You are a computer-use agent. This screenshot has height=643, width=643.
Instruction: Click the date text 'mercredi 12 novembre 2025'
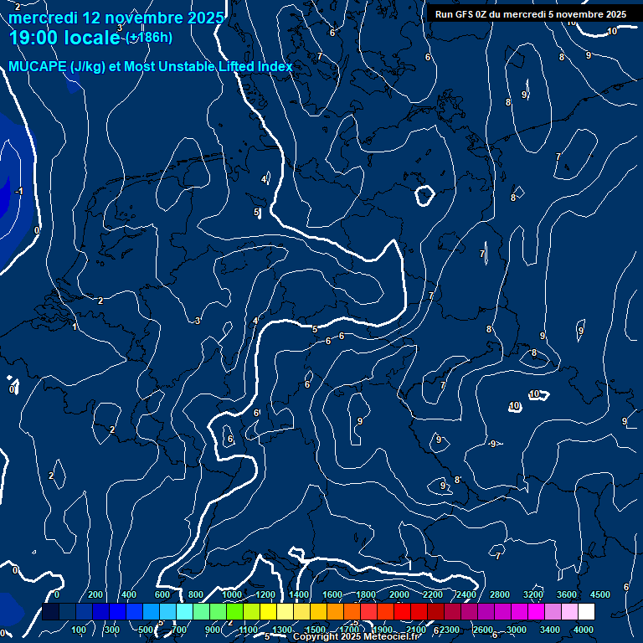[x=116, y=18]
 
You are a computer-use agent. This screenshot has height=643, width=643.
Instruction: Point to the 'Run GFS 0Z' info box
[x=531, y=14]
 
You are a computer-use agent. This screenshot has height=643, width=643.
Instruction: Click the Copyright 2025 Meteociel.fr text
[x=356, y=637]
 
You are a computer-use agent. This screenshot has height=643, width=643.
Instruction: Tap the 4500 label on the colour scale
[x=599, y=594]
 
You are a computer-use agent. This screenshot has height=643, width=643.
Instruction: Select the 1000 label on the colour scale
[x=232, y=594]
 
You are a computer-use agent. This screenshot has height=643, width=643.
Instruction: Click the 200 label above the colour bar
[x=95, y=594]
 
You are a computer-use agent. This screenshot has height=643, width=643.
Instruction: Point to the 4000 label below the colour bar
[x=584, y=630]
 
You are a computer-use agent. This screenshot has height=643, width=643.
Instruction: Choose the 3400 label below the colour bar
[x=550, y=630]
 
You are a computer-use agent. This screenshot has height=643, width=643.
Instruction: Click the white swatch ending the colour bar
[x=586, y=612]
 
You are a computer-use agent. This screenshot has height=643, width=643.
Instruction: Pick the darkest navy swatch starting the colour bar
[x=50, y=612]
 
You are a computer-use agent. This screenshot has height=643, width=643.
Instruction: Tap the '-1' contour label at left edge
[x=18, y=192]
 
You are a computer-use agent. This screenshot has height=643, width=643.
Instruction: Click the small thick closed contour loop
[x=424, y=196]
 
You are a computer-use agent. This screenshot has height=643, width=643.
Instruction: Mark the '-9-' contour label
[x=493, y=444]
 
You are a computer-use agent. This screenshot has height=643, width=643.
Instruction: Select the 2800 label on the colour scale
[x=500, y=594]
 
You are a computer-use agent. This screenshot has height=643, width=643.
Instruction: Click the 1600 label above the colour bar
[x=332, y=594]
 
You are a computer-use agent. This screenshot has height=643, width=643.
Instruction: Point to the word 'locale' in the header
[x=90, y=38]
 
